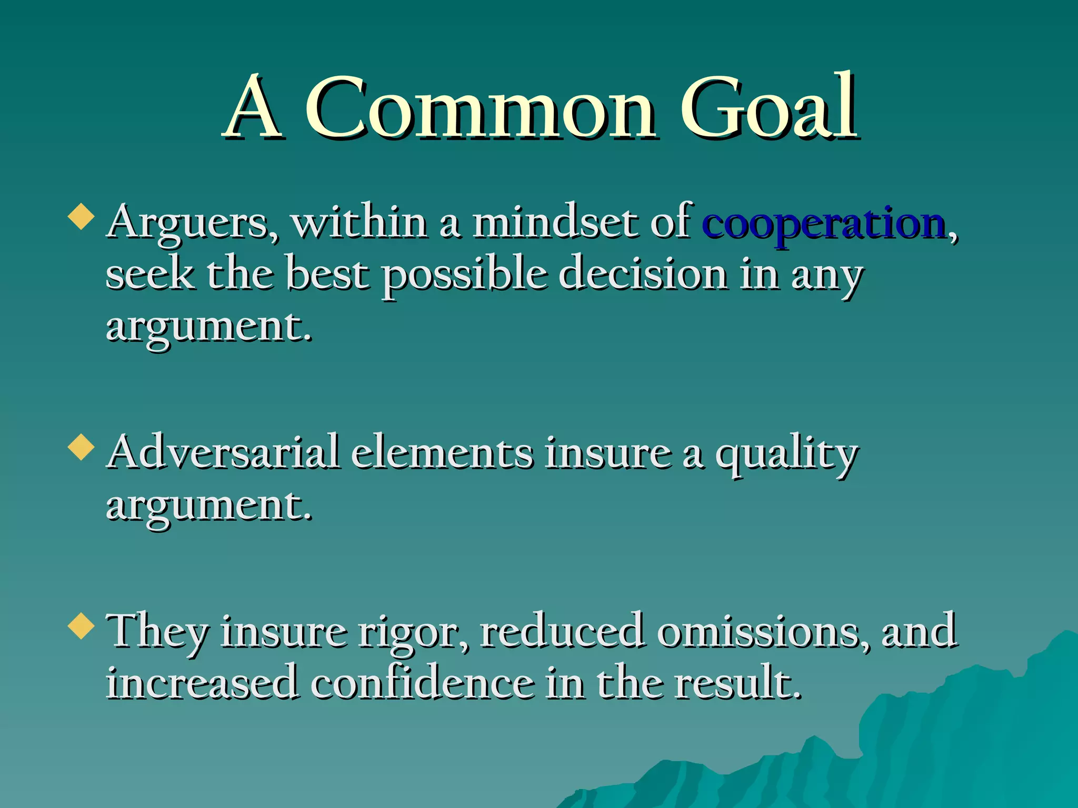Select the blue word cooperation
(x=824, y=224)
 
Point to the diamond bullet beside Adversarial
(x=82, y=448)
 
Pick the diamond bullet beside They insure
(x=82, y=625)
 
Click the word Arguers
(x=192, y=224)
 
